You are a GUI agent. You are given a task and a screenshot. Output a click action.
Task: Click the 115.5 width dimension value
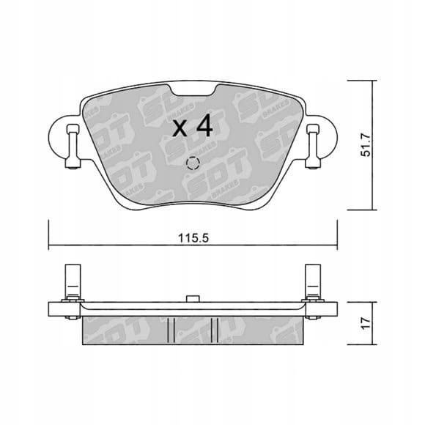point(193,238)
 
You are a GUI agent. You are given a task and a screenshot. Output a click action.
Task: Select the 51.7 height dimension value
point(366,147)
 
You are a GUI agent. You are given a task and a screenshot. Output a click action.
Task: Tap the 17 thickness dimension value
point(366,323)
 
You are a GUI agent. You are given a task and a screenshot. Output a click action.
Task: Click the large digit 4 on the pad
point(205,125)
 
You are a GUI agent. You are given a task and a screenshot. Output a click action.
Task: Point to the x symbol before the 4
point(180,128)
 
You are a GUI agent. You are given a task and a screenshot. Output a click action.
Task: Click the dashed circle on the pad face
point(193,163)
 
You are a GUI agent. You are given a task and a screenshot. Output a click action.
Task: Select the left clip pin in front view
point(73,147)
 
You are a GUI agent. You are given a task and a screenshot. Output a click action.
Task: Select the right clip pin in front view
point(313,147)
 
